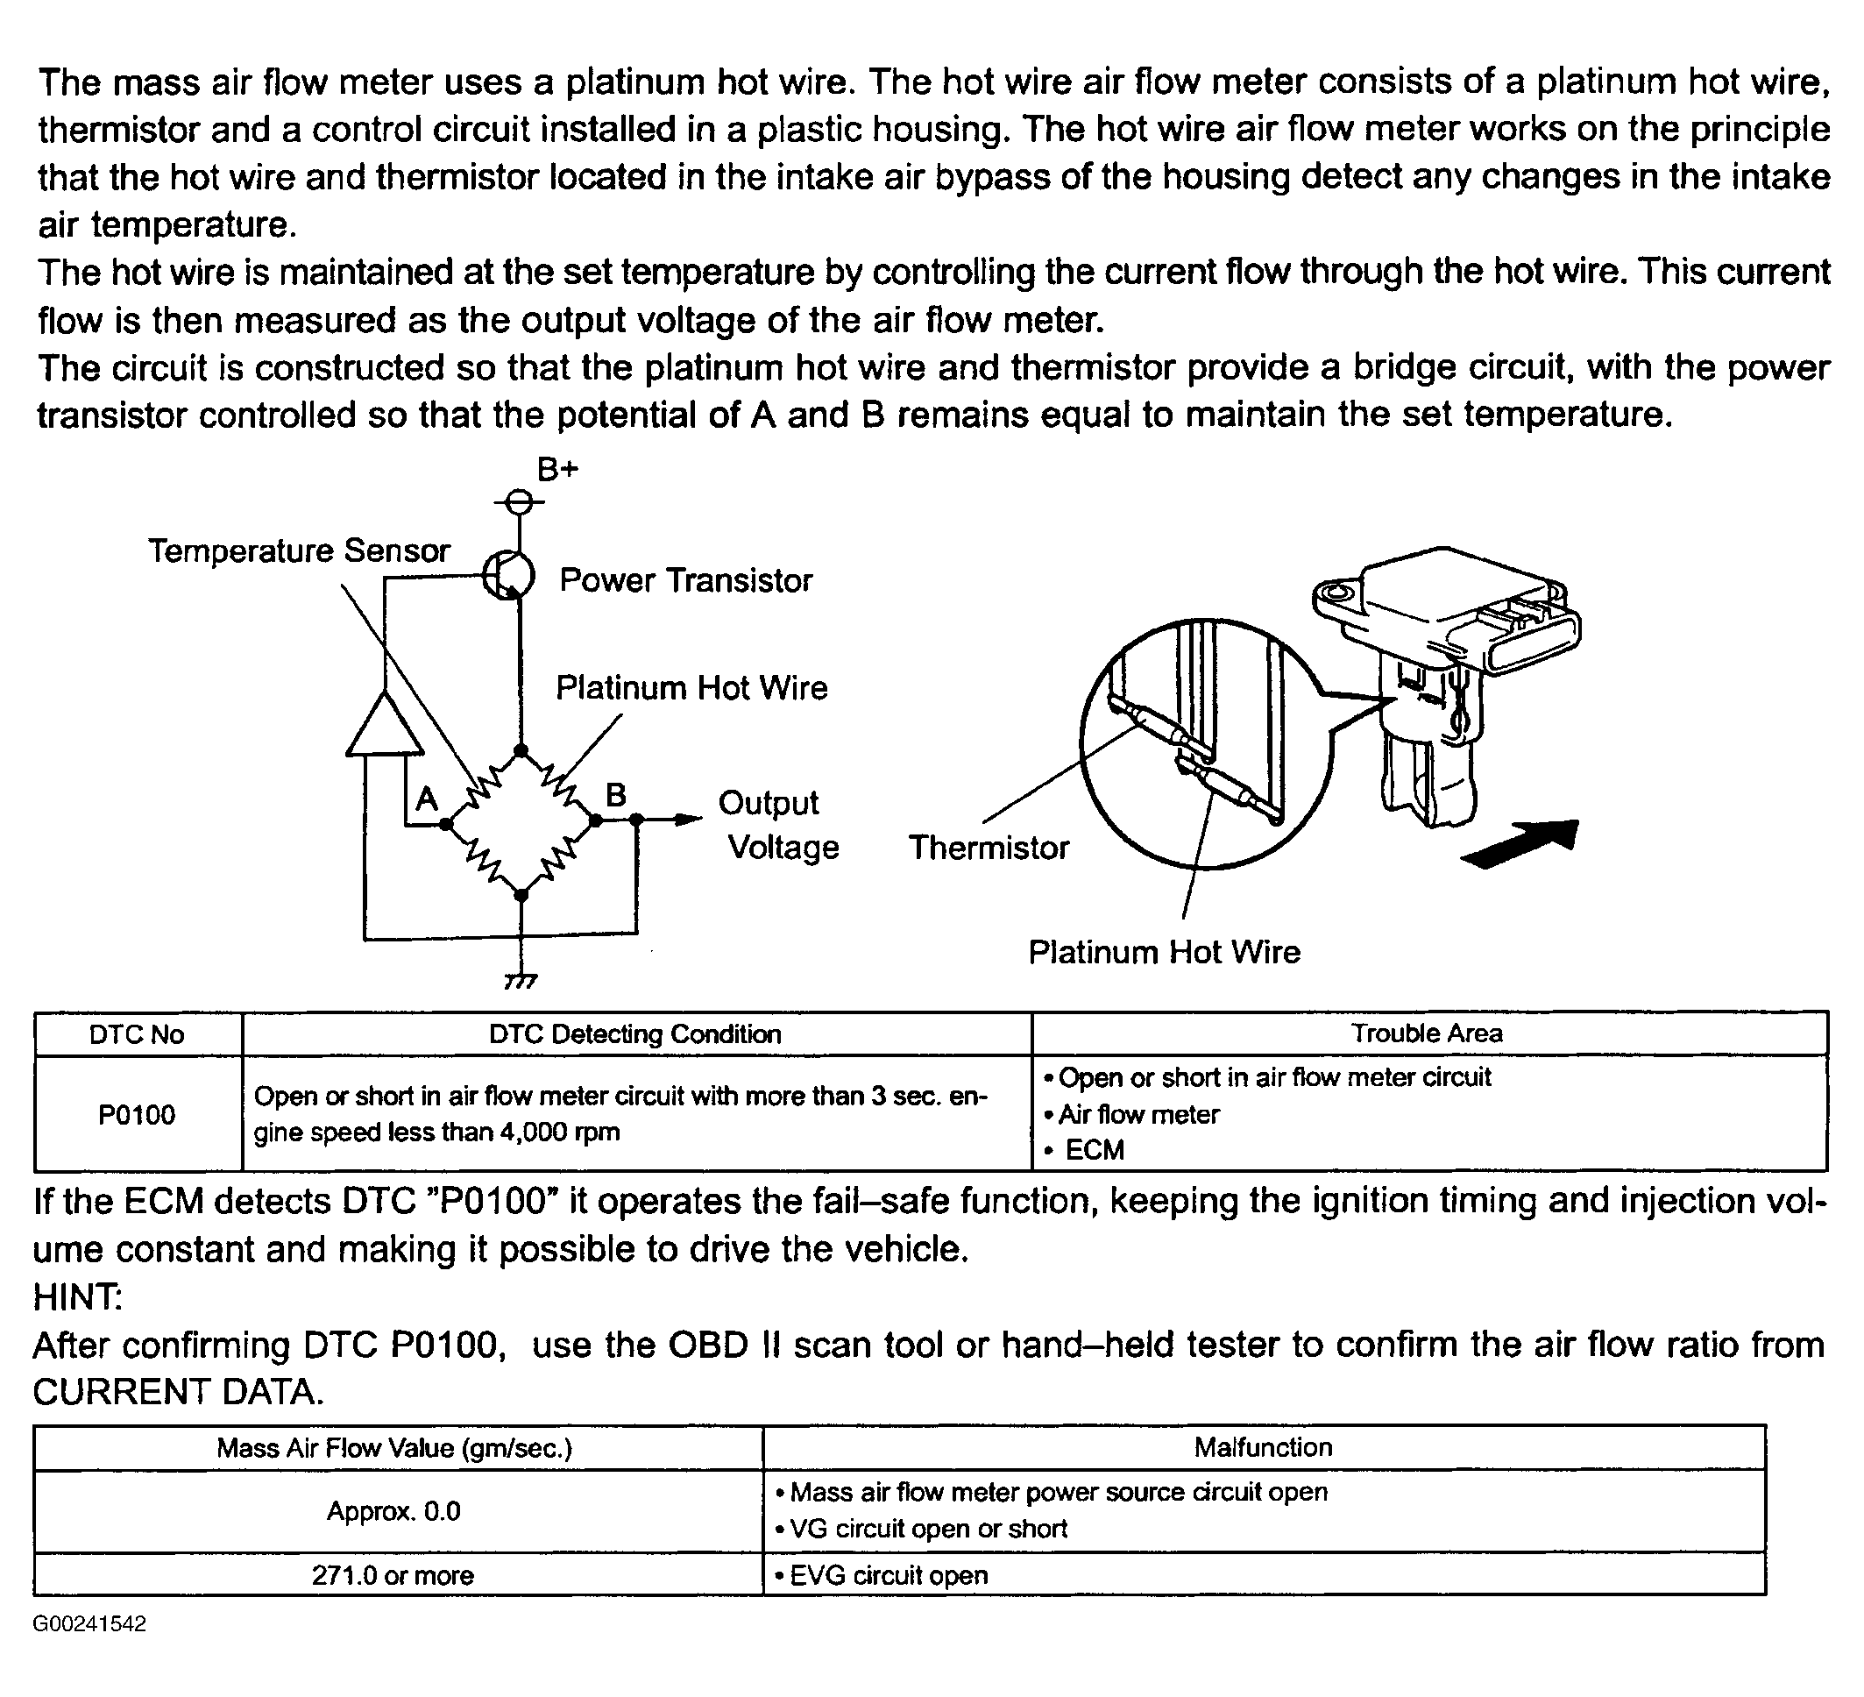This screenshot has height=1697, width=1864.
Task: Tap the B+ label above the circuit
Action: click(x=557, y=470)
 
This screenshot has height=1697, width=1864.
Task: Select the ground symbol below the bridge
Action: click(x=521, y=981)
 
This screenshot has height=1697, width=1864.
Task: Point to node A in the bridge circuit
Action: click(x=446, y=823)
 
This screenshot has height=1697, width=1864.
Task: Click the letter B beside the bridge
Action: click(x=616, y=794)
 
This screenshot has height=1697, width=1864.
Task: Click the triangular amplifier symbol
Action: click(x=384, y=725)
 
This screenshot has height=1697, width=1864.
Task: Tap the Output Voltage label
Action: click(x=776, y=825)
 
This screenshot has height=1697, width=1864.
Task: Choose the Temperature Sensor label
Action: click(x=299, y=551)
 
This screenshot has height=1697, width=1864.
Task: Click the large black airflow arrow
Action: click(x=1520, y=843)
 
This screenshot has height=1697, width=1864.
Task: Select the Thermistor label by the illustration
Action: click(x=989, y=847)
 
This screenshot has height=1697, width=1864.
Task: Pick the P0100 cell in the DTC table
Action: click(x=137, y=1114)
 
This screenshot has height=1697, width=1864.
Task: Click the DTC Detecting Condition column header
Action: click(x=635, y=1034)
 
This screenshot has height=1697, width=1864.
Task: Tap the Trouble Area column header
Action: click(x=1427, y=1033)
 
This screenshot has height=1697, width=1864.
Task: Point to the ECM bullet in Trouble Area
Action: click(x=1094, y=1149)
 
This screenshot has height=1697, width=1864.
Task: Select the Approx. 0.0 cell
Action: click(x=393, y=1511)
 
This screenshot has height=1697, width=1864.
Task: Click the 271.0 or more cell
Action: click(x=393, y=1575)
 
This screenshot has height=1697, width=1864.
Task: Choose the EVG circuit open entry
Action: click(x=888, y=1575)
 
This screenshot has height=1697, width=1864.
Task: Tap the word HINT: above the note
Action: click(x=78, y=1297)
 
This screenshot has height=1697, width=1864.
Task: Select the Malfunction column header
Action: click(x=1263, y=1447)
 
